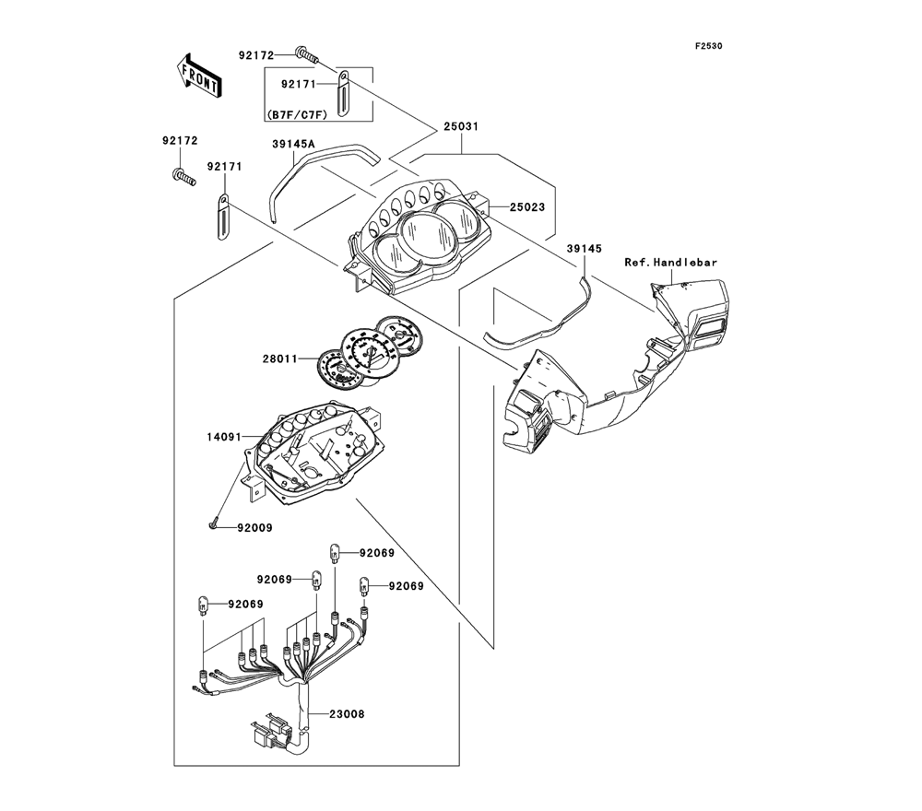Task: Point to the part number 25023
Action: (x=525, y=207)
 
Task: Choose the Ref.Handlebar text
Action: (x=670, y=262)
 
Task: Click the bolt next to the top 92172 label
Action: (x=306, y=55)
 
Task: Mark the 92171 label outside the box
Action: (x=224, y=167)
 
